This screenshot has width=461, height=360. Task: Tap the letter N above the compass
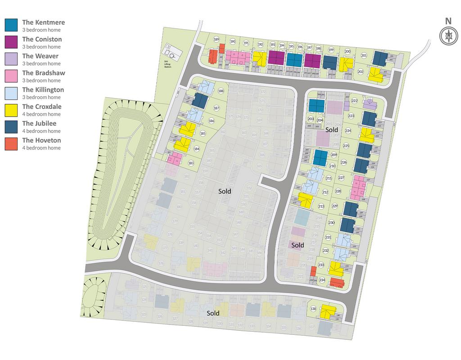tap(448, 21)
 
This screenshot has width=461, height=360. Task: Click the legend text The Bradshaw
tap(44, 73)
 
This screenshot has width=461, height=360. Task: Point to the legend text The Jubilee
tap(39, 123)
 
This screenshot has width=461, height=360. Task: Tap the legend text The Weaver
tap(41, 56)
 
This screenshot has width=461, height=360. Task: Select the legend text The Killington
tap(43, 90)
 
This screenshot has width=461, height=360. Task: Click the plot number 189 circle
tap(217, 40)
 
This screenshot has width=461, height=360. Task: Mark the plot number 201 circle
tap(364, 56)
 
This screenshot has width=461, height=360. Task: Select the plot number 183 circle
tap(191, 163)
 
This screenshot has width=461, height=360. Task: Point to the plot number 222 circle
tap(355, 101)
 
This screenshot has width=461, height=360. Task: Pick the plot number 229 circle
tap(334, 206)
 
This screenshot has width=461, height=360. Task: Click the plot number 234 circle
tap(322, 280)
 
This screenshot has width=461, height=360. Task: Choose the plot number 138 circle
tap(313, 308)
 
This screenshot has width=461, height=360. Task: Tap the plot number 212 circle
tap(325, 193)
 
